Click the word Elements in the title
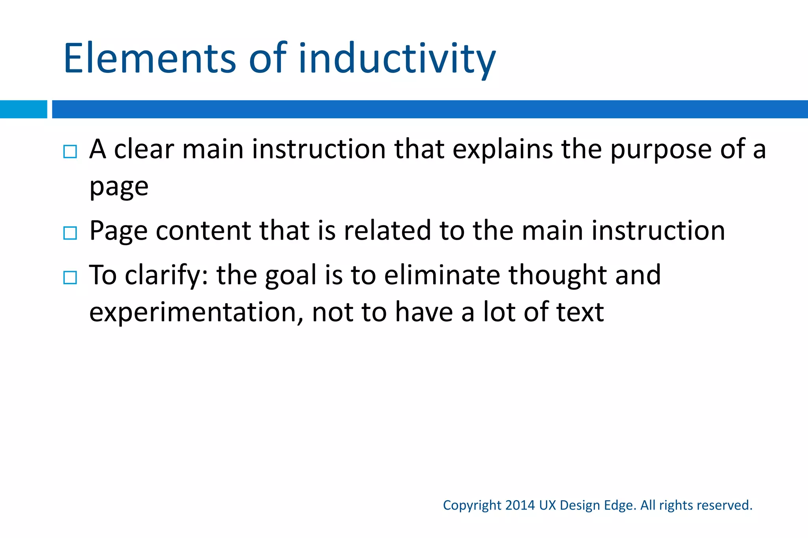[x=150, y=59]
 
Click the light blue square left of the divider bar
[x=23, y=109]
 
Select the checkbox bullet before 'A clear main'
[x=70, y=151]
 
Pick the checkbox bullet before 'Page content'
[x=70, y=233]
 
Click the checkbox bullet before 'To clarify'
[x=70, y=277]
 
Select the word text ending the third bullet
[x=580, y=313]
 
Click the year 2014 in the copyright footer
[x=520, y=505]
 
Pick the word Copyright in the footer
[x=472, y=506]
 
